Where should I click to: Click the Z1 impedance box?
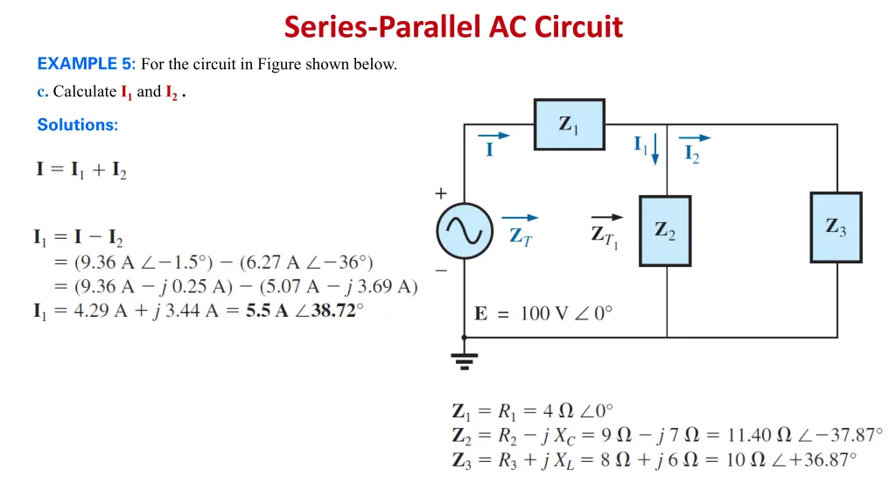569,124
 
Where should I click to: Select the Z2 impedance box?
665,230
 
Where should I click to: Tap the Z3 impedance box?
836,227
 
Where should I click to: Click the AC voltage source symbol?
465,231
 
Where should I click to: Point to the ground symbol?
465,358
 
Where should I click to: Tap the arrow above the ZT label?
520,218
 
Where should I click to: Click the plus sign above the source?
440,192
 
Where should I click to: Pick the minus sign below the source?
440,270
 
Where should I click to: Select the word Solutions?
77,125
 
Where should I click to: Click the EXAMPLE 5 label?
86,64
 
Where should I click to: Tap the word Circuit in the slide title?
578,27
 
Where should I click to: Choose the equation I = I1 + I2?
81,169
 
